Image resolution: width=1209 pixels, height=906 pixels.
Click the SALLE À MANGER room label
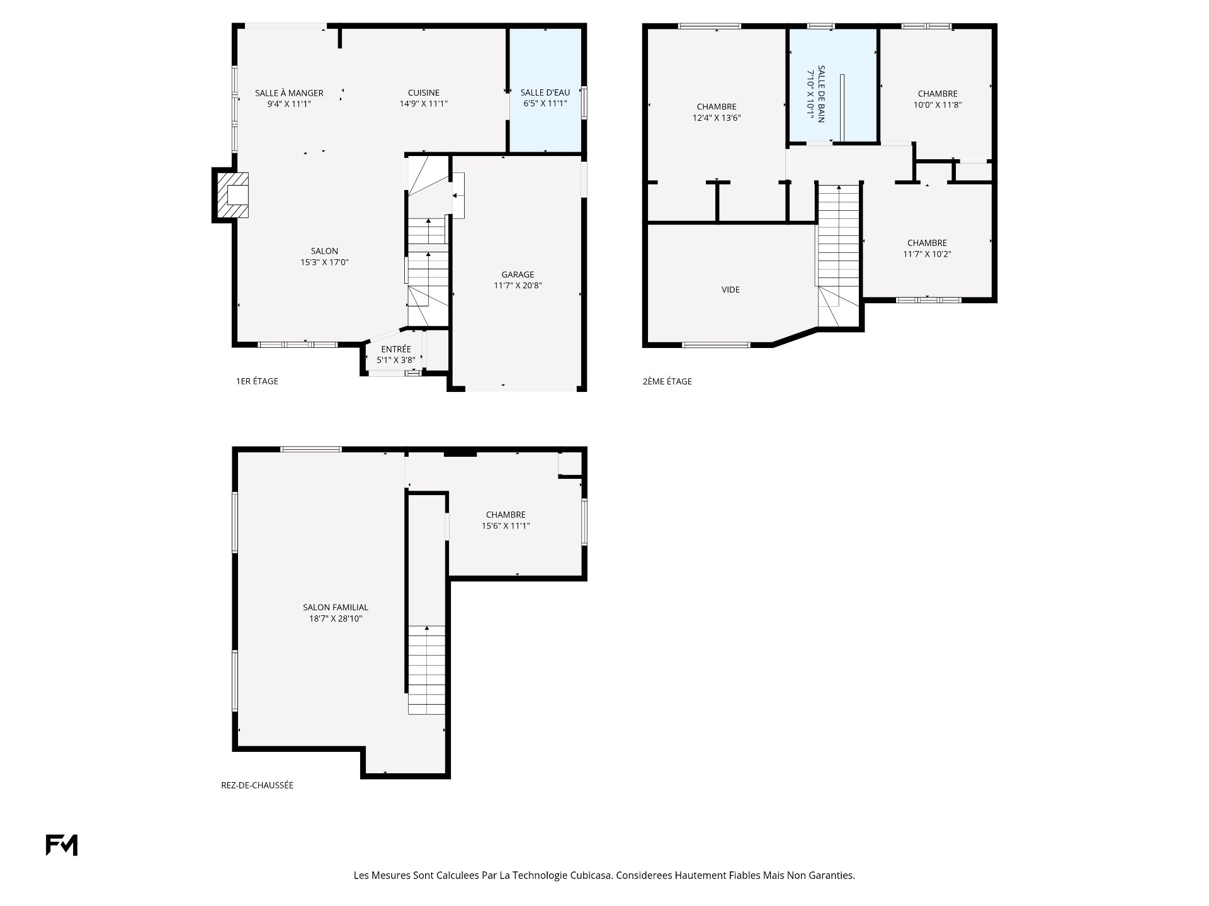pyautogui.click(x=289, y=93)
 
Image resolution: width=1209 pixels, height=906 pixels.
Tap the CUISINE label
pyautogui.click(x=424, y=93)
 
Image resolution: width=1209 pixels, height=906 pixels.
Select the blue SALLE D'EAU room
pyautogui.click(x=545, y=90)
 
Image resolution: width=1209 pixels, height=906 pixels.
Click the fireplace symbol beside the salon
pyautogui.click(x=232, y=195)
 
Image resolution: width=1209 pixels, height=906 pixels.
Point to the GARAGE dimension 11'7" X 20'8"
pyautogui.click(x=518, y=286)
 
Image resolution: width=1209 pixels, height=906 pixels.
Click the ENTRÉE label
pyautogui.click(x=396, y=349)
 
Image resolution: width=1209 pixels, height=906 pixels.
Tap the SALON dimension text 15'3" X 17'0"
pyautogui.click(x=325, y=262)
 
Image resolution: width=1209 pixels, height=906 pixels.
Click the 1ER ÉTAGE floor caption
pyautogui.click(x=257, y=381)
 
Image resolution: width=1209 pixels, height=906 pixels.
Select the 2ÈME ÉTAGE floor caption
pyautogui.click(x=667, y=381)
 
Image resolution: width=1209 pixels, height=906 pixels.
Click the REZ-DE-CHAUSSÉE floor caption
pyautogui.click(x=258, y=785)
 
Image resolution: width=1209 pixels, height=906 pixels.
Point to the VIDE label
pyautogui.click(x=731, y=290)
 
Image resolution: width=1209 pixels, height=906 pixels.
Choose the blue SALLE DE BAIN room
pyautogui.click(x=832, y=86)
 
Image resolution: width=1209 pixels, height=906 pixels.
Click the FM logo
pyautogui.click(x=62, y=845)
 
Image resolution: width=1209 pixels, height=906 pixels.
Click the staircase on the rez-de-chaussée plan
pyautogui.click(x=427, y=670)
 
